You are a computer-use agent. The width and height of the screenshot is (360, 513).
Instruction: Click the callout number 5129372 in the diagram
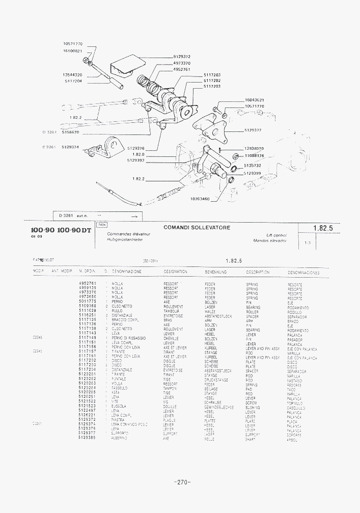(x=182, y=57)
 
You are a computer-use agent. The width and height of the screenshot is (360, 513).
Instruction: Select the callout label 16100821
(x=73, y=51)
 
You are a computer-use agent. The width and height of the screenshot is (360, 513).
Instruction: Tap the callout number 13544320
(x=73, y=75)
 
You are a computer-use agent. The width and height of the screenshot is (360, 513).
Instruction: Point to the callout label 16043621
(x=254, y=100)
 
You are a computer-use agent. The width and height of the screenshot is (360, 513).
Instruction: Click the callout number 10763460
(x=200, y=199)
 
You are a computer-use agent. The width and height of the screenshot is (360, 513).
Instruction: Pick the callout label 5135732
(x=253, y=165)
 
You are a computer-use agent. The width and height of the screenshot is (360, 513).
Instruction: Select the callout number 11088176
(x=254, y=155)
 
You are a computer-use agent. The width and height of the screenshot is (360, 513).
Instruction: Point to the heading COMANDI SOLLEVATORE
(x=197, y=228)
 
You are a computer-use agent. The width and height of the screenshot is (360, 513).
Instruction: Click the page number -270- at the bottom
(x=182, y=482)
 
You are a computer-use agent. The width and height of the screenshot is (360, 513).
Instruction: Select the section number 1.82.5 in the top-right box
(x=323, y=229)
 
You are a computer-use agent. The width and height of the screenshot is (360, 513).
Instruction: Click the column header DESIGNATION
(x=175, y=272)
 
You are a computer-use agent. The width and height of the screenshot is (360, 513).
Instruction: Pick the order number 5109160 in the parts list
(x=88, y=307)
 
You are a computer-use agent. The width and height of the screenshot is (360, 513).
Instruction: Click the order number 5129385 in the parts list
(x=88, y=438)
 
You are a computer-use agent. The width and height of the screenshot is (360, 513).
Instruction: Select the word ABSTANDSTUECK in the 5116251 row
(x=218, y=316)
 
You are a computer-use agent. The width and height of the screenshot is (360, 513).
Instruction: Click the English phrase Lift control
(x=277, y=235)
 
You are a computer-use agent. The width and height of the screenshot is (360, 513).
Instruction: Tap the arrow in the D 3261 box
(x=134, y=216)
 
